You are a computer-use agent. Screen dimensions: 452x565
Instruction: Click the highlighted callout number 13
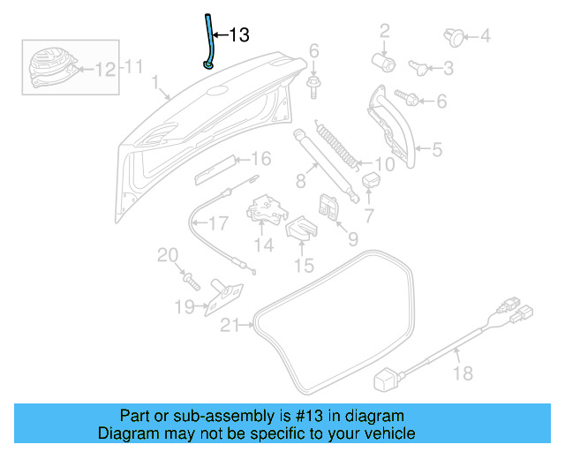pyautogui.click(x=239, y=35)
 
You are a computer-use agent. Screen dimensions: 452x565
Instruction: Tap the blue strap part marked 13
pyautogui.click(x=209, y=44)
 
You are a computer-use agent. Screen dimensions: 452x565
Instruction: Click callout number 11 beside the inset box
pyautogui.click(x=132, y=66)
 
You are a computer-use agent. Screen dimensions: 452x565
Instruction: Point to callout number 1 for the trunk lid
pyautogui.click(x=155, y=86)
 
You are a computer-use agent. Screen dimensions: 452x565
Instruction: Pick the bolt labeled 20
pyautogui.click(x=191, y=280)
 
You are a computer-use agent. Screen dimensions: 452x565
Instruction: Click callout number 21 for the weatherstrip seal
pyautogui.click(x=230, y=325)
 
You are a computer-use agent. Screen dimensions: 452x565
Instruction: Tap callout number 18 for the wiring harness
pyautogui.click(x=463, y=375)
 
